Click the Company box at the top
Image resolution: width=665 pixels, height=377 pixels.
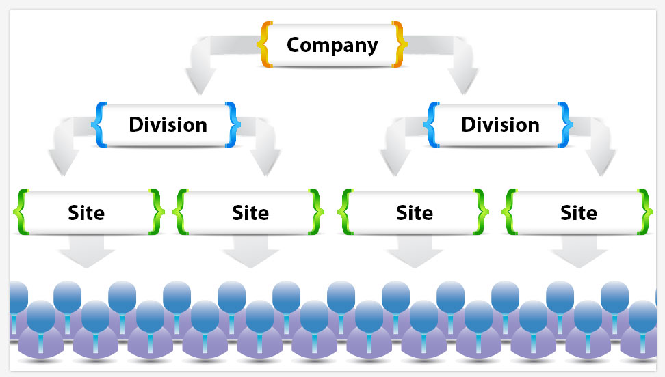[332, 45]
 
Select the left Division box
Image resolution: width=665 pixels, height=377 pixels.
[168, 125]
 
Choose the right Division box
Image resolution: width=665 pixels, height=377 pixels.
[500, 125]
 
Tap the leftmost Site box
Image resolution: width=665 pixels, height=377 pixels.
[86, 212]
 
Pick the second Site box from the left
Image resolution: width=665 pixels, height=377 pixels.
[250, 212]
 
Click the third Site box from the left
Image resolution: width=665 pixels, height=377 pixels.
[415, 212]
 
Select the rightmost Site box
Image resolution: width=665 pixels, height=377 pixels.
[579, 212]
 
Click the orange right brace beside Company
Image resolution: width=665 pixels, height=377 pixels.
[400, 45]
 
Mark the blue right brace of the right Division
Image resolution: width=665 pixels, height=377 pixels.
[565, 125]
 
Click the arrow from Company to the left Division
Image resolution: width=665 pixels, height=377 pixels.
[202, 68]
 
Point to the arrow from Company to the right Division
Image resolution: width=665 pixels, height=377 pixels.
[464, 68]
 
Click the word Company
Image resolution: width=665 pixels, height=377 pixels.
[332, 45]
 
